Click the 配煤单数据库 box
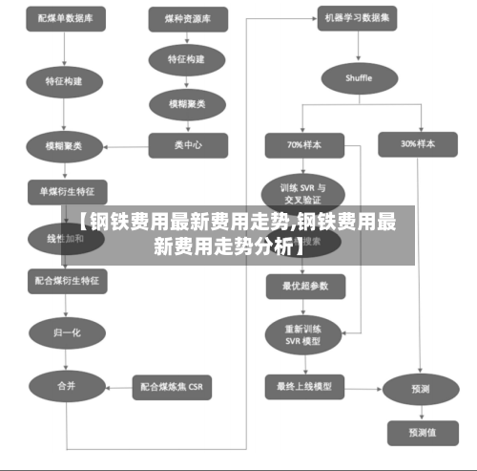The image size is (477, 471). coord(66,18)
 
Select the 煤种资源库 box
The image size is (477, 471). coord(188,18)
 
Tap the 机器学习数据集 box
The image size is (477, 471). coord(359,18)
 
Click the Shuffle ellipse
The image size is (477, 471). coord(359,77)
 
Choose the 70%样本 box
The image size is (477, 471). coord(304,144)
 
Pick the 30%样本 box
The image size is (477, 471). coord(419,144)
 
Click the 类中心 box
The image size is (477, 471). coord(188,145)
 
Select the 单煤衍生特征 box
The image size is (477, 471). coord(67,189)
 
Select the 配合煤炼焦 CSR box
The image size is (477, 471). coord(172,387)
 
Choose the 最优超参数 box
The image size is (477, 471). coord(305,285)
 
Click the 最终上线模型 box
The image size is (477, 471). coord(305,387)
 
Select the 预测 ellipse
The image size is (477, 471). coord(419,389)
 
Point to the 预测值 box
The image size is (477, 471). coord(419,433)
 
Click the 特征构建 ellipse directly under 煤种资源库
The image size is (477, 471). coord(187,59)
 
